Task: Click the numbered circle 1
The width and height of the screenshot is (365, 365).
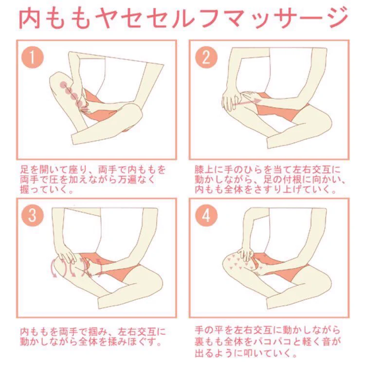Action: [x=33, y=57]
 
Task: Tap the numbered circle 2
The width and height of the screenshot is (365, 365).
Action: [x=206, y=57]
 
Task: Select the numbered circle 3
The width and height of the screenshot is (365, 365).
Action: [x=33, y=216]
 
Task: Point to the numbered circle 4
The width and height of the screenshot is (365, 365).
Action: [x=206, y=216]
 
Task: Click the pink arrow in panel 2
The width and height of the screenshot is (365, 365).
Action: [x=247, y=102]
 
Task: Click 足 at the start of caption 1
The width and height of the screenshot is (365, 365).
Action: [x=25, y=169]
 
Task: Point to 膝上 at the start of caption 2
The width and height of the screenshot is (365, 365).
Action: [x=204, y=169]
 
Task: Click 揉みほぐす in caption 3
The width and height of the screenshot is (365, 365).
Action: [x=131, y=342]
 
